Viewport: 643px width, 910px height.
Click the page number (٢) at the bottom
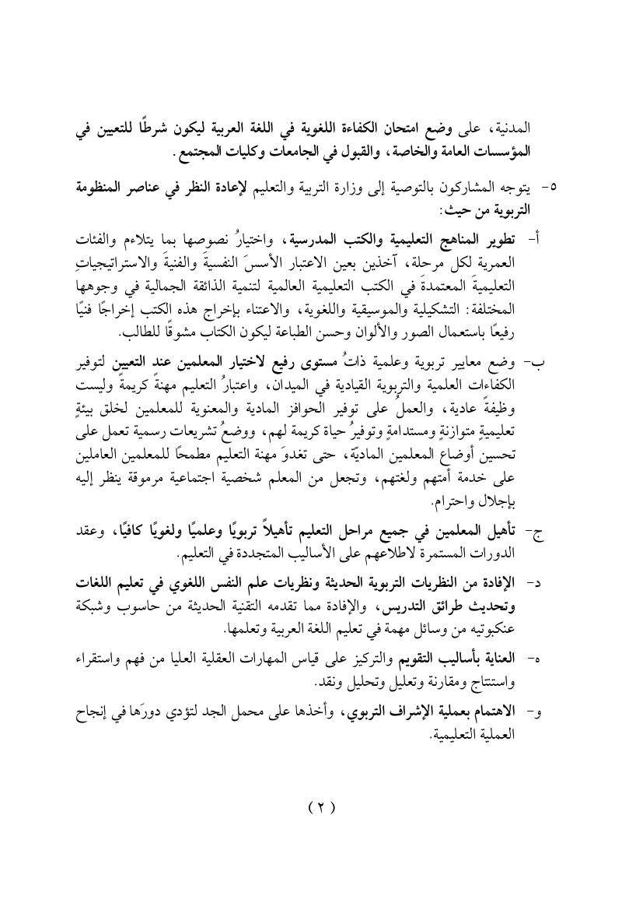(321, 806)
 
